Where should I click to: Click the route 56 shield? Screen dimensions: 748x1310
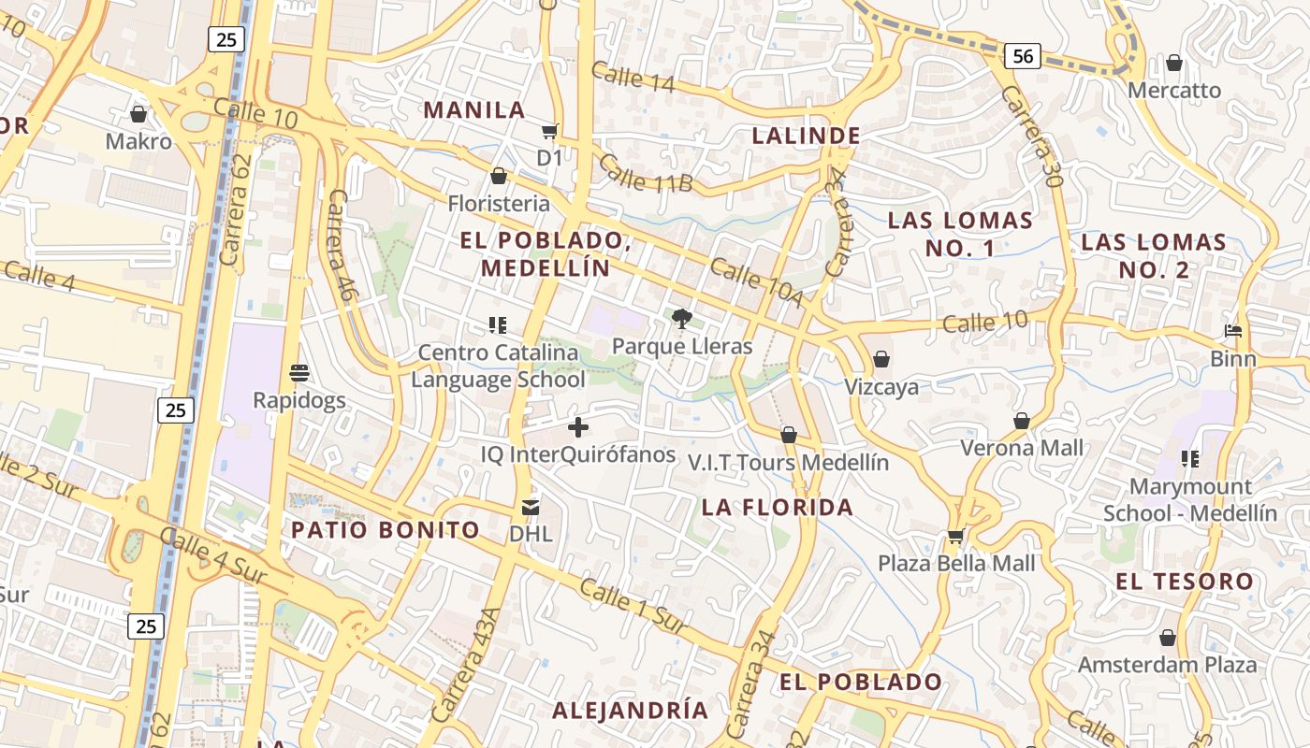point(1024,56)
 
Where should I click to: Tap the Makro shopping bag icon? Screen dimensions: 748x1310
point(138,114)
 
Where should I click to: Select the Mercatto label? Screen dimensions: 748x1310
point(1174,91)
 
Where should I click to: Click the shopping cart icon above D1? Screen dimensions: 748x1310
point(549,132)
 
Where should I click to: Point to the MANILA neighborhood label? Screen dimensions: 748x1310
point(474,109)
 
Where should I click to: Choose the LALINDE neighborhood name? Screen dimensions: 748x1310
point(807,136)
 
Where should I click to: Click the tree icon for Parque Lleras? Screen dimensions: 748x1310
point(682,319)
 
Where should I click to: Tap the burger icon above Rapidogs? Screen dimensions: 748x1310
point(299,373)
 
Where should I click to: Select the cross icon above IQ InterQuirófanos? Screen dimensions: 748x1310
point(578,427)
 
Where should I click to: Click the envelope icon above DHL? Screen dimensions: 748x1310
point(531,508)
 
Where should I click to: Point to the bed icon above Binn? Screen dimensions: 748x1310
point(1233,331)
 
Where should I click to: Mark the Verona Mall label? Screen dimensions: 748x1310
point(1022,448)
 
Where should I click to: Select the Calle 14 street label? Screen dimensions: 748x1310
point(633,77)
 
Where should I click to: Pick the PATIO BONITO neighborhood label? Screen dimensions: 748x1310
point(386,530)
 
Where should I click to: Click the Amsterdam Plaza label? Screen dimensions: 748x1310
point(1167,665)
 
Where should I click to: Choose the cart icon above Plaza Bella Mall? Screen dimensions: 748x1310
point(955,537)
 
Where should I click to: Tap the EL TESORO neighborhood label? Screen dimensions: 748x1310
point(1184,582)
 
